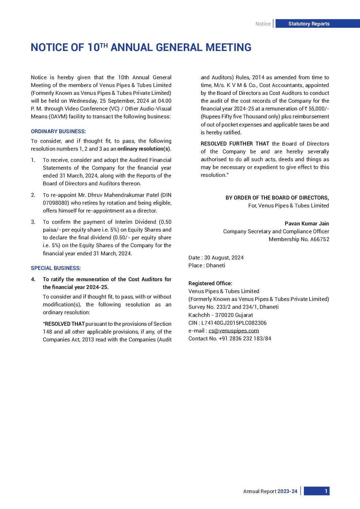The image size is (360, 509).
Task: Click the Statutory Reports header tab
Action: (x=309, y=24)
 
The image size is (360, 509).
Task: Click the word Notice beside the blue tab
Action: (x=263, y=24)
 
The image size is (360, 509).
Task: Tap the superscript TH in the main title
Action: (x=104, y=45)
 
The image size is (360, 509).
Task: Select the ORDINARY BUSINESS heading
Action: (x=58, y=132)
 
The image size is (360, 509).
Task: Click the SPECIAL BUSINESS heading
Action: (x=56, y=268)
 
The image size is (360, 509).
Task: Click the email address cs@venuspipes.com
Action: (x=234, y=331)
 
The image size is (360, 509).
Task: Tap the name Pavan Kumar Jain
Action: (x=307, y=224)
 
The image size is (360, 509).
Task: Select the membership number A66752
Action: (x=320, y=239)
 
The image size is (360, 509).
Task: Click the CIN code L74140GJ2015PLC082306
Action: (x=234, y=323)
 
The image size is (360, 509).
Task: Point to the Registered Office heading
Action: (x=210, y=284)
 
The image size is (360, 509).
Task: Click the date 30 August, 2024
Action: (x=224, y=258)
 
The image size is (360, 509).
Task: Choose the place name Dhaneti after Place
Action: (x=216, y=266)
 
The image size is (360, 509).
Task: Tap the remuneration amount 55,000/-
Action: (x=318, y=109)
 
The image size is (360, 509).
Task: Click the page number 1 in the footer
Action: (x=326, y=491)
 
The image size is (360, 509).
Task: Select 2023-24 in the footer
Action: (x=287, y=491)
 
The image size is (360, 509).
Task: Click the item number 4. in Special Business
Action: (x=33, y=279)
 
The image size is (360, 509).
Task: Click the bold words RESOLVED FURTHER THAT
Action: (x=235, y=144)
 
